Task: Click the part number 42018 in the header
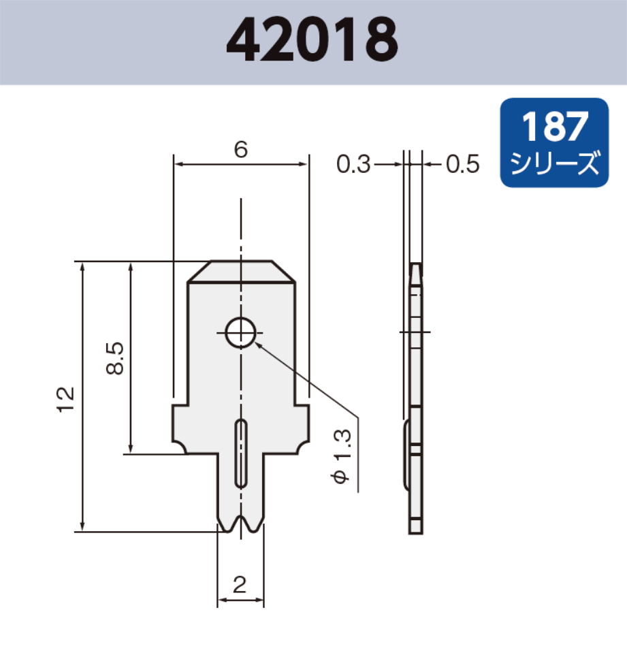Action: click(312, 41)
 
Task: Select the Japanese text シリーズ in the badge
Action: click(554, 163)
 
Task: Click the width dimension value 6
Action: click(240, 150)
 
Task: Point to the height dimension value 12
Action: click(66, 399)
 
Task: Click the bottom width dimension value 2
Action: click(240, 585)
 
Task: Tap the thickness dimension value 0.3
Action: click(353, 164)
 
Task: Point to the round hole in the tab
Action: click(241, 333)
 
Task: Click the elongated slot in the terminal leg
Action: click(241, 453)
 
